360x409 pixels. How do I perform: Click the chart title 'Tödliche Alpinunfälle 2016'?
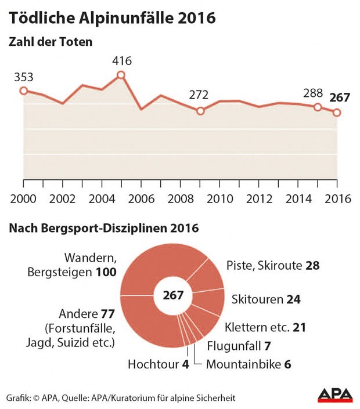tap(111, 18)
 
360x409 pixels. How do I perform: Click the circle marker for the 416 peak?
tap(121, 74)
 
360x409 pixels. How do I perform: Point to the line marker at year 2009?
tap(200, 110)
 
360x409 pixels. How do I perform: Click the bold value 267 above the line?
tap(339, 97)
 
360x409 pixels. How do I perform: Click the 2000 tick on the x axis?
tap(23, 198)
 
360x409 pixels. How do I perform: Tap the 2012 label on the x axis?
tap(258, 198)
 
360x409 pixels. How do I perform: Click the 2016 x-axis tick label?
tap(337, 198)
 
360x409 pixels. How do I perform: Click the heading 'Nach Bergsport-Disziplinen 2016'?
tap(103, 228)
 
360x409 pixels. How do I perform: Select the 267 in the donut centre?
tap(172, 295)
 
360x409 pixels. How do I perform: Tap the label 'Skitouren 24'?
tap(267, 299)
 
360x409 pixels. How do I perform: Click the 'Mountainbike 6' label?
tap(249, 365)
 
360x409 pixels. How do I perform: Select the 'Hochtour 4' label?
tap(154, 365)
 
